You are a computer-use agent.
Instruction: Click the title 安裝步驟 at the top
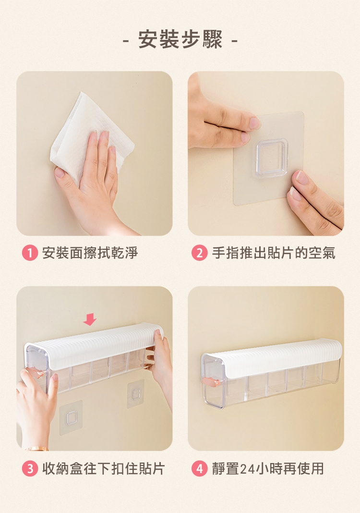pyautogui.click(x=180, y=39)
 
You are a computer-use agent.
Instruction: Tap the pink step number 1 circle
pyautogui.click(x=30, y=253)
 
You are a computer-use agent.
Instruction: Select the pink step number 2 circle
pyautogui.click(x=200, y=253)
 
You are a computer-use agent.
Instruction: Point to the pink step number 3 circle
pyautogui.click(x=30, y=469)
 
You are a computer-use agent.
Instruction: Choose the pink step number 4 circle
pyautogui.click(x=200, y=469)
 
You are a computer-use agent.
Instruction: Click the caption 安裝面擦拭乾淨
pyautogui.click(x=90, y=253)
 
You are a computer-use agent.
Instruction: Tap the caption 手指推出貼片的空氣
pyautogui.click(x=274, y=253)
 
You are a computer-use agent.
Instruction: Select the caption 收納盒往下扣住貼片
pyautogui.click(x=103, y=469)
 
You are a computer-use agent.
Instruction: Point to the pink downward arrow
pyautogui.click(x=90, y=319)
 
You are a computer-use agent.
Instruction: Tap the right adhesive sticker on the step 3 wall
pyautogui.click(x=136, y=394)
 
